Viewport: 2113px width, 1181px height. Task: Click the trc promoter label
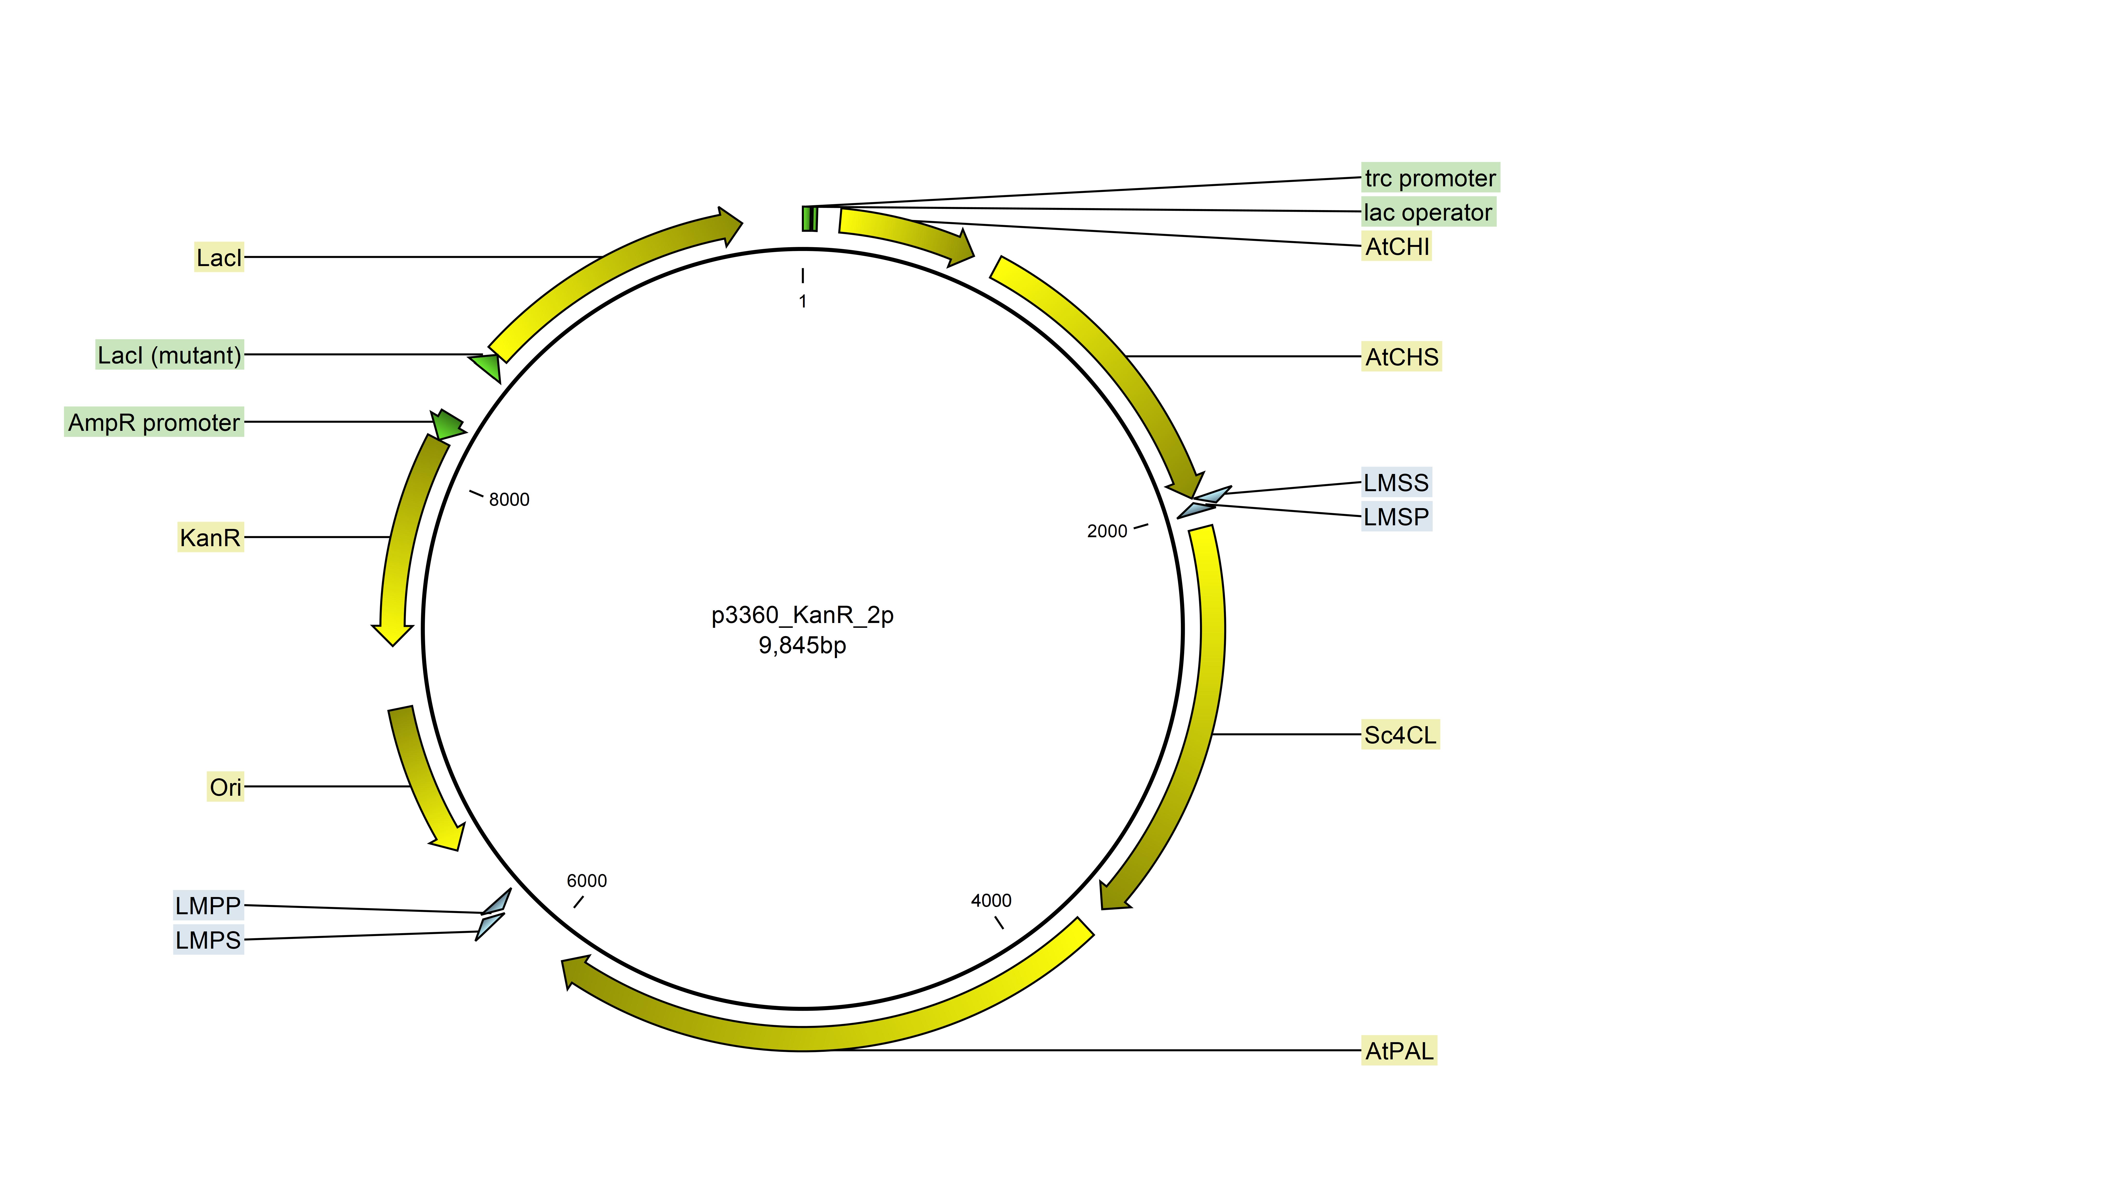pyautogui.click(x=1430, y=178)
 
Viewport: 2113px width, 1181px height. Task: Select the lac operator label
pyautogui.click(x=1428, y=213)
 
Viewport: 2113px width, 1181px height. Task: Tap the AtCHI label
pyautogui.click(x=1397, y=246)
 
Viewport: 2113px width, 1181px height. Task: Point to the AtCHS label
pyautogui.click(x=1401, y=357)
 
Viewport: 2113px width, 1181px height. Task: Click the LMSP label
pyautogui.click(x=1396, y=517)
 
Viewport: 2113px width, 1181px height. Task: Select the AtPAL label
pyautogui.click(x=1399, y=1051)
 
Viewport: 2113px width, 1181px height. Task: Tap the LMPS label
pyautogui.click(x=208, y=940)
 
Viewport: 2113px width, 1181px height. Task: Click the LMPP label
pyautogui.click(x=208, y=905)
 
